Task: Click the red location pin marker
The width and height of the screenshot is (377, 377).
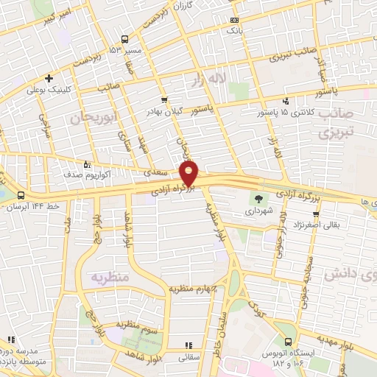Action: tap(189, 172)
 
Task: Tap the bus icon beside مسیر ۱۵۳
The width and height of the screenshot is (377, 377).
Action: tap(125, 39)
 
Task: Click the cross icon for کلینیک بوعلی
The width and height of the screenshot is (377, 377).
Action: tap(49, 78)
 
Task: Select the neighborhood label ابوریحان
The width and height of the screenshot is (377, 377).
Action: tap(94, 118)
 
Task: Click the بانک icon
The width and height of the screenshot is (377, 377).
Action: tap(234, 20)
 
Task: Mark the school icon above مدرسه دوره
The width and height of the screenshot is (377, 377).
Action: tap(11, 340)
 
